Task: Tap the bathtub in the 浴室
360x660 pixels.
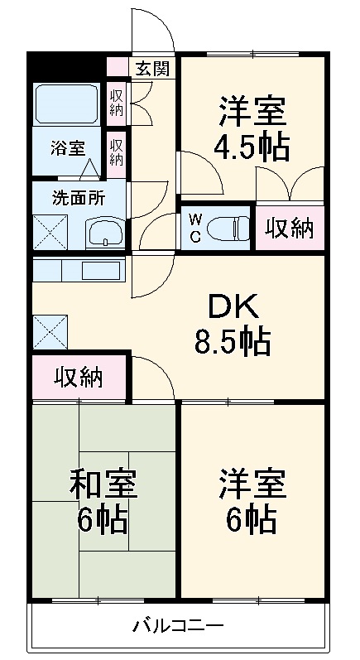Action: [x=66, y=103]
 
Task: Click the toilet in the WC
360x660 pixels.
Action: [x=228, y=225]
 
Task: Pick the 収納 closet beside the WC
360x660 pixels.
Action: [x=290, y=228]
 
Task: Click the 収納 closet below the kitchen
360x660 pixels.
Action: [x=79, y=378]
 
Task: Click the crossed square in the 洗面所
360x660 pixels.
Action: [x=50, y=233]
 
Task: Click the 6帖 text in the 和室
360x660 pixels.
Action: [x=103, y=519]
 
